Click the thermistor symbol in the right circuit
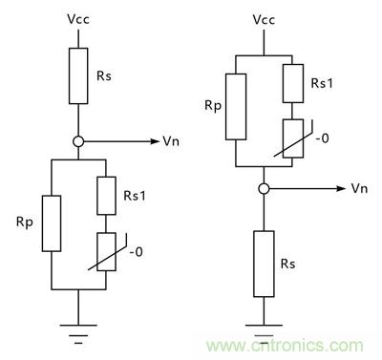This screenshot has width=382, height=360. [289, 136]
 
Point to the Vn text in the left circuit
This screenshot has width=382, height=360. [171, 141]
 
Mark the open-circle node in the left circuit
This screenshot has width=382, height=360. [78, 141]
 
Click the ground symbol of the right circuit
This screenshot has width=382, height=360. [260, 329]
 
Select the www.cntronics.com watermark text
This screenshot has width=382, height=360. [291, 345]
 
